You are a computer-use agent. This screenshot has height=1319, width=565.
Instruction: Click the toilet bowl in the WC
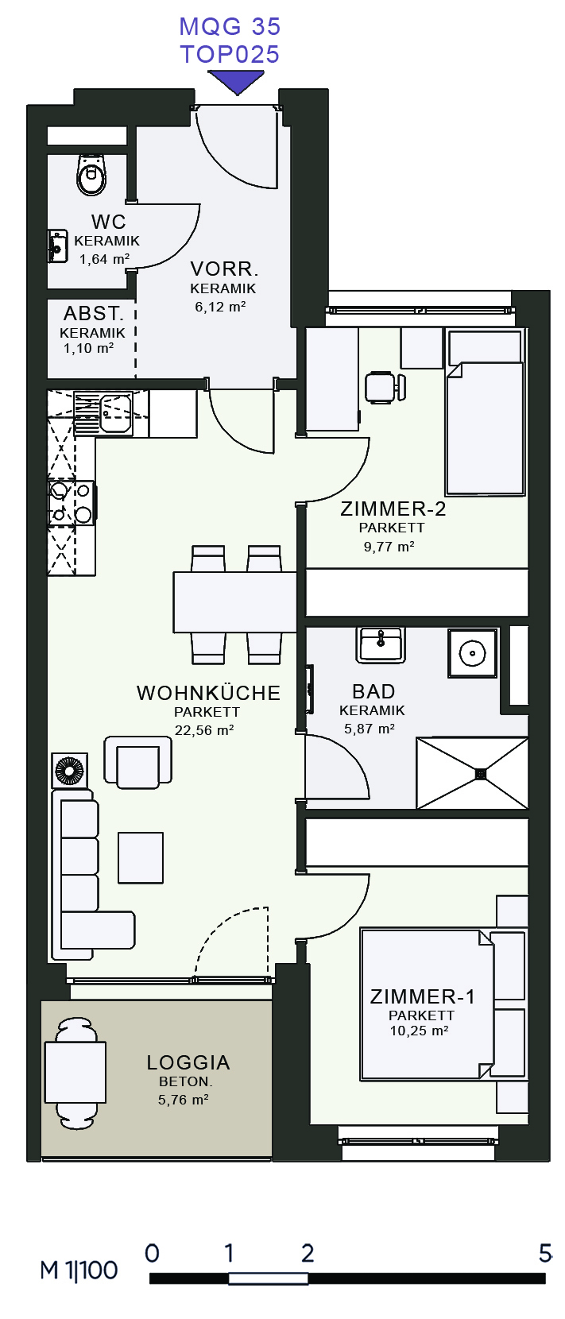(x=92, y=174)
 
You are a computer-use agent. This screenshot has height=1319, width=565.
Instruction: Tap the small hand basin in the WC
(x=58, y=246)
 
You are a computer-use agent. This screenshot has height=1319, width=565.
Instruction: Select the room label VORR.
(x=224, y=269)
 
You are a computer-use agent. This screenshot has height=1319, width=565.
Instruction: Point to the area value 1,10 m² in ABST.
(x=88, y=348)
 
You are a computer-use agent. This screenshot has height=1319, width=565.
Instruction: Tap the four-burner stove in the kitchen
(x=72, y=503)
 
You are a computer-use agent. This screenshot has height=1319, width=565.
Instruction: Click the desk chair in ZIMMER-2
(x=385, y=387)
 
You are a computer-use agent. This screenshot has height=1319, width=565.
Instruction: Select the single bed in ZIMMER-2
(x=485, y=412)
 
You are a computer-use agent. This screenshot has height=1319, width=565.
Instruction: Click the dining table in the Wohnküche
(x=234, y=601)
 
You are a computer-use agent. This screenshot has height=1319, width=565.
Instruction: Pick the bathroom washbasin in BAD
(x=381, y=644)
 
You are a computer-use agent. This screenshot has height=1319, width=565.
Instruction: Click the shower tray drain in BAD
(x=481, y=773)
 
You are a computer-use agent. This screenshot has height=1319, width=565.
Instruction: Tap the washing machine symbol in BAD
(x=473, y=653)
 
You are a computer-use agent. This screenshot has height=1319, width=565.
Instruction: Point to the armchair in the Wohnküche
(x=137, y=762)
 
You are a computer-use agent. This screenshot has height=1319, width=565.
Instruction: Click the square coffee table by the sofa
(x=140, y=857)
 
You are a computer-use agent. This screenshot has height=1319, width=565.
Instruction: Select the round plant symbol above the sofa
(x=69, y=770)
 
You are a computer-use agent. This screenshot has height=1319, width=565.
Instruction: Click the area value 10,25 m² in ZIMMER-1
(x=419, y=1031)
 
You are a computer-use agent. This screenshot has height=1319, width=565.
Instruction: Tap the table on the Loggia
(x=75, y=1072)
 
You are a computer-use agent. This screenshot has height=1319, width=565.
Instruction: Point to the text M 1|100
(x=79, y=1270)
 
